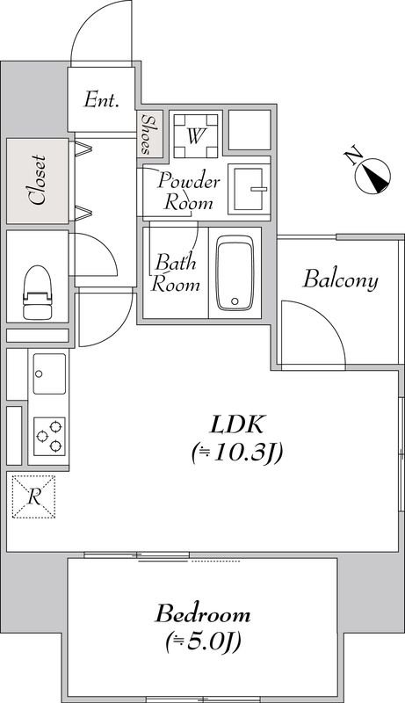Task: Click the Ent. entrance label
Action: [x=101, y=99]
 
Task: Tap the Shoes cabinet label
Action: [x=146, y=134]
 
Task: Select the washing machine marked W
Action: [x=196, y=136]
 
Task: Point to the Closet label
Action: [x=38, y=181]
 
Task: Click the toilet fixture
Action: [x=38, y=292]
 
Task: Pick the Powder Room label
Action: [x=189, y=192]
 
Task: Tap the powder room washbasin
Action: [x=249, y=189]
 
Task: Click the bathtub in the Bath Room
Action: [x=235, y=272]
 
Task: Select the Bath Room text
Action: [x=175, y=273]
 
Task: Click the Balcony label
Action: [x=341, y=279]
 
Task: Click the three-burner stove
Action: [x=49, y=436]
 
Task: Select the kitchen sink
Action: [x=49, y=373]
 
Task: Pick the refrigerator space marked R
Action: [x=33, y=496]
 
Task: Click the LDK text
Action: [x=236, y=426]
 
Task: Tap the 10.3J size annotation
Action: [x=236, y=453]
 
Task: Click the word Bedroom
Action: [x=203, y=613]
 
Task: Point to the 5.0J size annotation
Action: [x=203, y=642]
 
